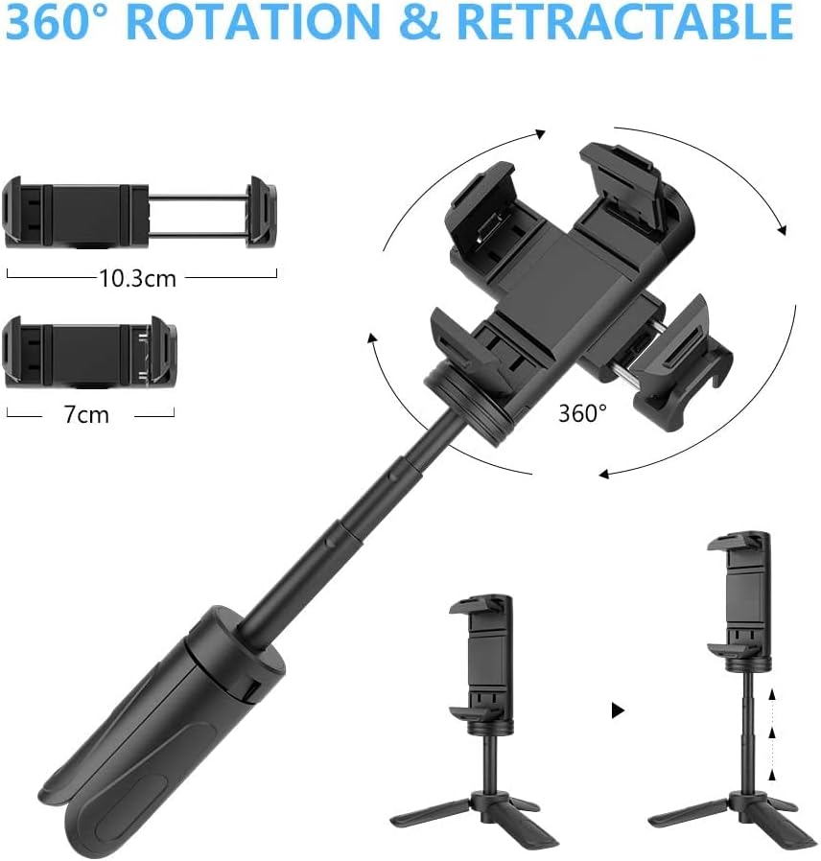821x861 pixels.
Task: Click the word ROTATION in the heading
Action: [257, 21]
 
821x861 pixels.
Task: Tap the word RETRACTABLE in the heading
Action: [624, 21]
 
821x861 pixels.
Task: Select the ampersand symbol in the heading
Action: [419, 22]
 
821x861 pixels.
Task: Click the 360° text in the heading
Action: [61, 21]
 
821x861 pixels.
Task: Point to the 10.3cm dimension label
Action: [138, 278]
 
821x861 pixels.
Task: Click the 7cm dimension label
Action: [86, 414]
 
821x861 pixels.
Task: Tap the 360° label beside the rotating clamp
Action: [583, 413]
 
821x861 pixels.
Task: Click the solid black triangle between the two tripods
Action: [618, 710]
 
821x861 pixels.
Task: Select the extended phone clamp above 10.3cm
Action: [139, 212]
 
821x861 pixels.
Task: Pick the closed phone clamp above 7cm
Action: [89, 352]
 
